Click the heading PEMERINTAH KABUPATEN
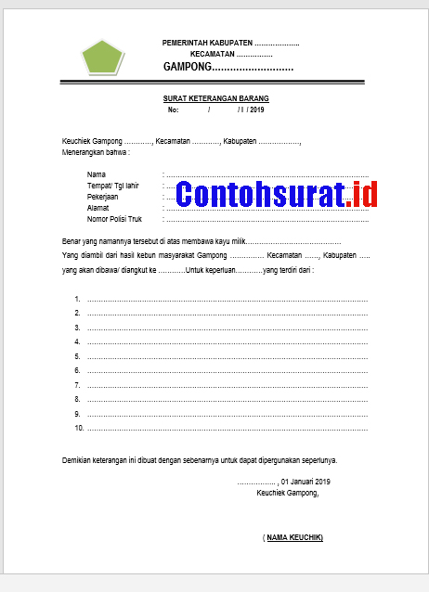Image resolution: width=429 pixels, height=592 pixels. click(207, 44)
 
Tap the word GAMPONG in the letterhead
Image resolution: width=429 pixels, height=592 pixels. click(187, 68)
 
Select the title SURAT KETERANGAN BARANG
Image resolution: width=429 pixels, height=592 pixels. click(216, 99)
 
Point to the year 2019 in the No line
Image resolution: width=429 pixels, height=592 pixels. click(256, 110)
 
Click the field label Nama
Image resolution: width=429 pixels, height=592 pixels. click(96, 174)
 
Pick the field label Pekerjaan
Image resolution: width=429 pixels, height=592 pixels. click(103, 197)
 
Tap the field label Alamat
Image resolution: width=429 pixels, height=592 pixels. click(98, 208)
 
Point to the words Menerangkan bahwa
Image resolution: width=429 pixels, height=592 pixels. click(96, 152)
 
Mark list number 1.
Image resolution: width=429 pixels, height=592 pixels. click(77, 300)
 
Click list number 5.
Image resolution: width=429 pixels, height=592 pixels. click(77, 356)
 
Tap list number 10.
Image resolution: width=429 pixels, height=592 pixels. click(79, 428)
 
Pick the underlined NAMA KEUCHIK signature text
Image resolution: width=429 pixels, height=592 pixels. click(294, 537)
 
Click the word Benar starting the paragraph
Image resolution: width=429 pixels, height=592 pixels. click(71, 241)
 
